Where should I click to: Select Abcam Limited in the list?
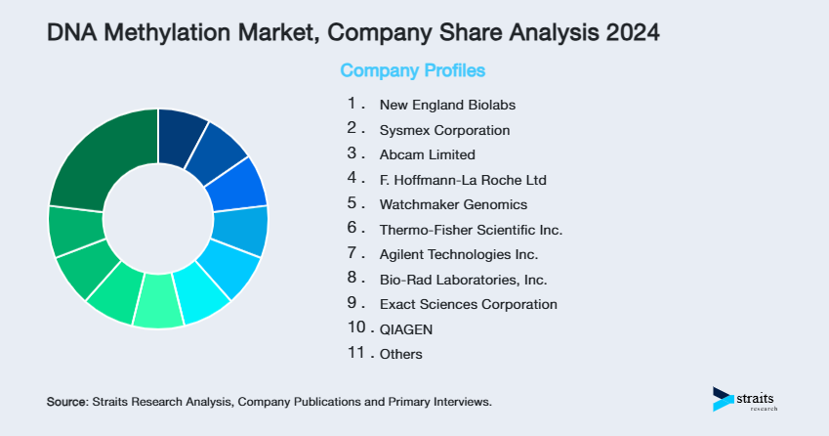coord(427,154)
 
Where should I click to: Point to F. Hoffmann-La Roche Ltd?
coord(463,180)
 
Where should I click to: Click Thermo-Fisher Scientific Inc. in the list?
coord(471,230)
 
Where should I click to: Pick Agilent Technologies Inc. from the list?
coord(458,254)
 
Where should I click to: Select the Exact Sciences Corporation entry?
coord(468,304)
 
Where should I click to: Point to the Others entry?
coord(400,354)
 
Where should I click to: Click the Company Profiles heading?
coord(412,70)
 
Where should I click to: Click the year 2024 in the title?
coord(629,32)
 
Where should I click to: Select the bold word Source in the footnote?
coord(66,402)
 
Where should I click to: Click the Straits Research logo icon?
coord(723,398)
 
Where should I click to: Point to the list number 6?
coord(353,229)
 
